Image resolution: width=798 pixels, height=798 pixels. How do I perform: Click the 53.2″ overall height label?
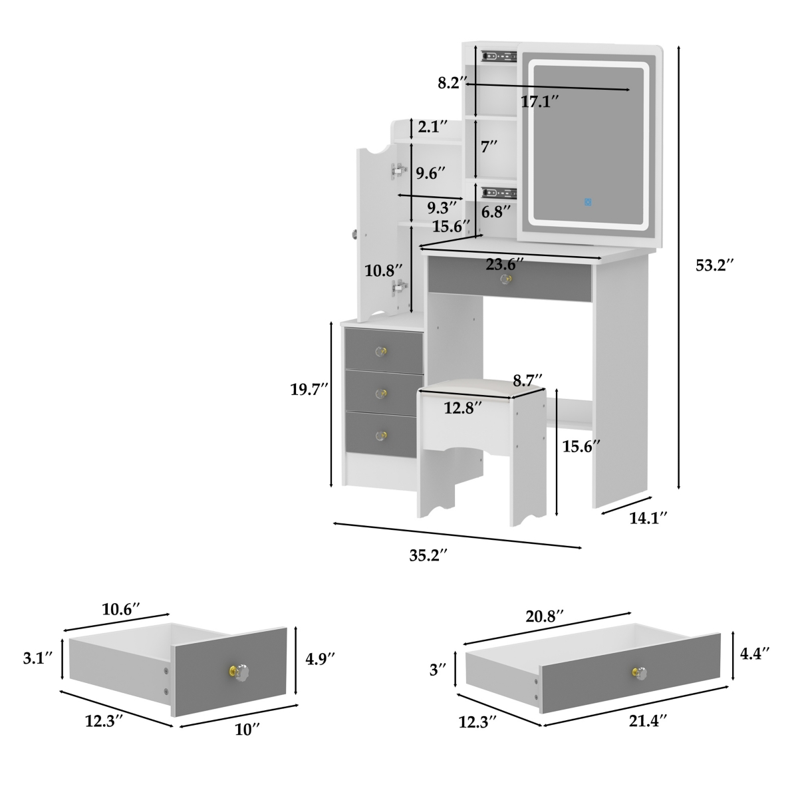click(715, 265)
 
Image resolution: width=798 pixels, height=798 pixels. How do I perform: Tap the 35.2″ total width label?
click(429, 556)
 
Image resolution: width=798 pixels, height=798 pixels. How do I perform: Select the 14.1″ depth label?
click(648, 518)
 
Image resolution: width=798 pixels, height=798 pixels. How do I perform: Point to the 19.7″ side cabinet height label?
click(309, 390)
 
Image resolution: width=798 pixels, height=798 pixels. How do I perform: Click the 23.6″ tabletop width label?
click(505, 264)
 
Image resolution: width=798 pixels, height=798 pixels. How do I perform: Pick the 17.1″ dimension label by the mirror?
click(539, 102)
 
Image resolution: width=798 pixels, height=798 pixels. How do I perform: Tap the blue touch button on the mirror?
click(588, 202)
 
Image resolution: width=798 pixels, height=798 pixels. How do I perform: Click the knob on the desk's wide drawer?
click(505, 279)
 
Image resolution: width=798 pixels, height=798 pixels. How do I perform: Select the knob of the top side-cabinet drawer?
click(381, 352)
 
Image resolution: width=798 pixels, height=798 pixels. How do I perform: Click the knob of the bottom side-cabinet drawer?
click(380, 436)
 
